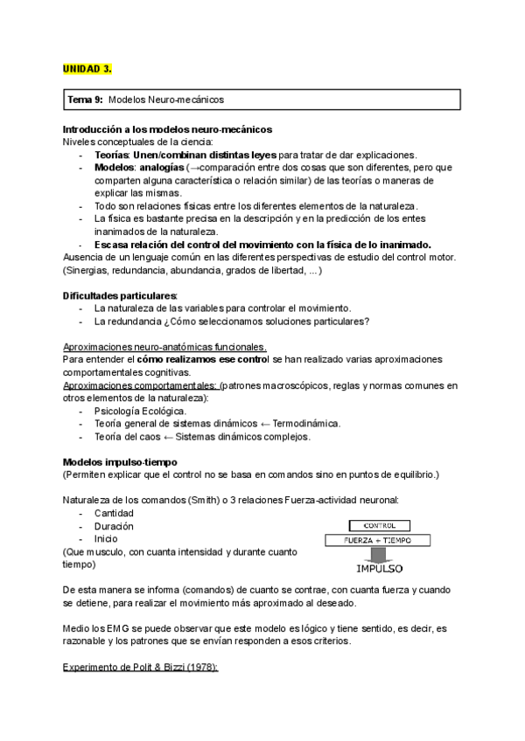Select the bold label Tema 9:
point(85,101)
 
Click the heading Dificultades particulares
point(120,295)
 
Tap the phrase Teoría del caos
point(127,436)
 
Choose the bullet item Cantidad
point(114,513)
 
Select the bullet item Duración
point(114,526)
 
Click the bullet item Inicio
point(108,539)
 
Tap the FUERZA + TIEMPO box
point(378,541)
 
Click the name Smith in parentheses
point(208,501)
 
